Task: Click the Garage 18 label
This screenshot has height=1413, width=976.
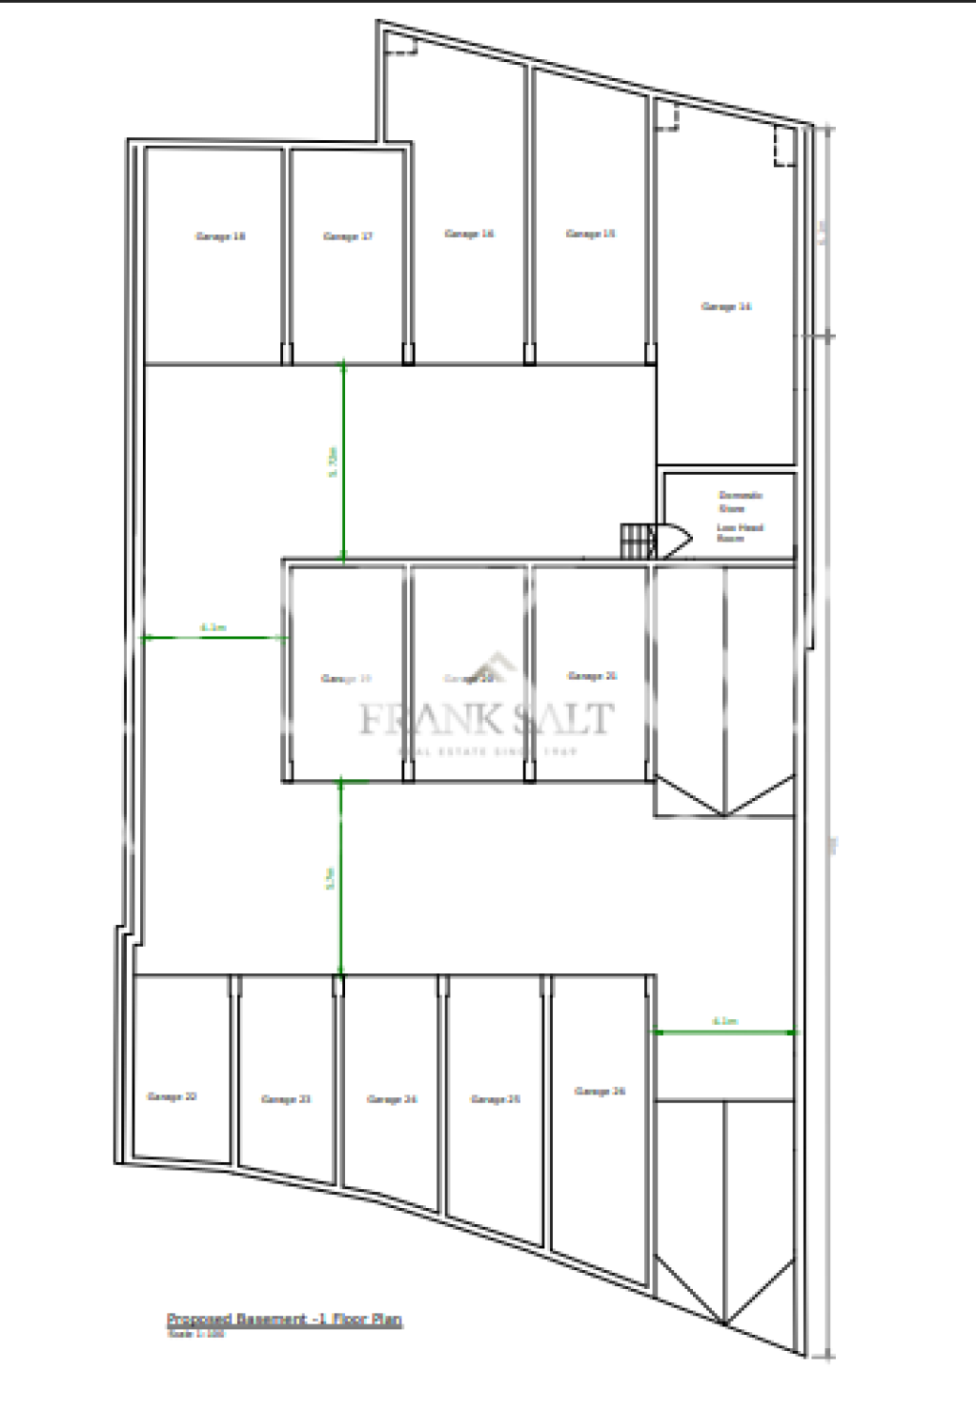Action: tap(220, 236)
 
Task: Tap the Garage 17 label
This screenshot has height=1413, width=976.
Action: tap(348, 236)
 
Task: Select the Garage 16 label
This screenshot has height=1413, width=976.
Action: tap(469, 234)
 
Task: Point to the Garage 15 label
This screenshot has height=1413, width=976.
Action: tap(591, 234)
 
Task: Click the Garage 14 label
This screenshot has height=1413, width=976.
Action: tap(726, 307)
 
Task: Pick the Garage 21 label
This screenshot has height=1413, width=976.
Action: tap(592, 676)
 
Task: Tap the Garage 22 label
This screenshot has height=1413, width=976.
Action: tap(173, 1097)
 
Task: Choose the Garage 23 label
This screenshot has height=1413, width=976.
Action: tap(286, 1099)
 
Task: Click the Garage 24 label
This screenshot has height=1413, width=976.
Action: tap(392, 1099)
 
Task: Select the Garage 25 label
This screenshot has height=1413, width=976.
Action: tap(496, 1099)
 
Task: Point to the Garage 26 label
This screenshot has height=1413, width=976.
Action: tap(600, 1092)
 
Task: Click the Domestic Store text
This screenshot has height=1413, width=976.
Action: tap(740, 502)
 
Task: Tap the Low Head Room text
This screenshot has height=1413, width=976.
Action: tap(740, 532)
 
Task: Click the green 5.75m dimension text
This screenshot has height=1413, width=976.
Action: tap(333, 461)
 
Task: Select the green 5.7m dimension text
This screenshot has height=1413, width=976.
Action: tap(330, 878)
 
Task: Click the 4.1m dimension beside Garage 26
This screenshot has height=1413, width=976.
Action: tap(724, 1021)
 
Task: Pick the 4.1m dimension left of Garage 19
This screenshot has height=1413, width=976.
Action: tap(213, 627)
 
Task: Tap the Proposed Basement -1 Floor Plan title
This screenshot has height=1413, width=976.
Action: tap(284, 1320)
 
